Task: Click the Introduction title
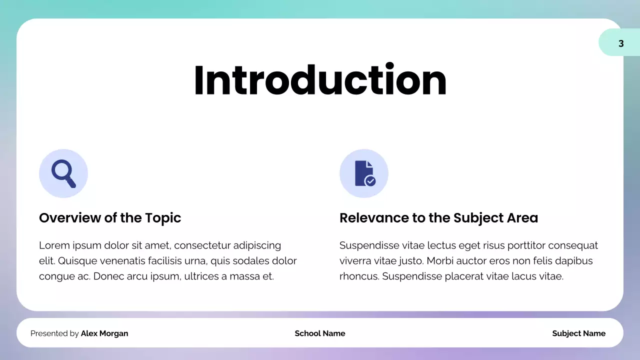[x=320, y=80]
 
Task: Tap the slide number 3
[x=621, y=43]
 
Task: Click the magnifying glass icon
[x=63, y=173]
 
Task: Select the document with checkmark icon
[x=364, y=173]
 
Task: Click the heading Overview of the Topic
[x=110, y=218]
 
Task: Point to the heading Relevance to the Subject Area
[x=438, y=218]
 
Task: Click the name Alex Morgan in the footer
[x=104, y=333]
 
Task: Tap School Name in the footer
[x=320, y=333]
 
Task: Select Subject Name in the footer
[x=578, y=333]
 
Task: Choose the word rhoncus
[x=358, y=276]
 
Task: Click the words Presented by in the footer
[x=54, y=333]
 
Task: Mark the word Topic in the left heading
[x=163, y=218]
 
